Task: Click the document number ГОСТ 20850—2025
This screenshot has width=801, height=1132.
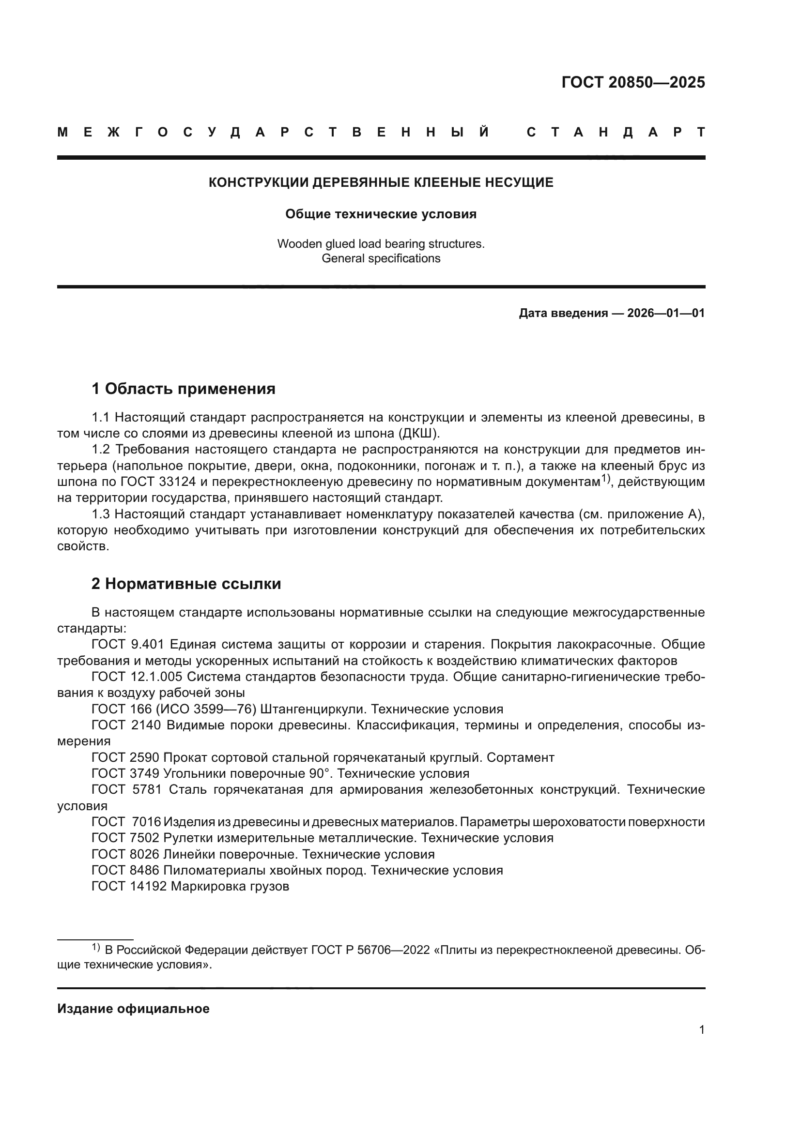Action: (633, 82)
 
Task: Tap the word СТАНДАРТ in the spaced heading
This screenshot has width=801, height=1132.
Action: (616, 132)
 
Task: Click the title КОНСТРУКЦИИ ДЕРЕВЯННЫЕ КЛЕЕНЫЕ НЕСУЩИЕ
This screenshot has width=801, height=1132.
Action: (381, 182)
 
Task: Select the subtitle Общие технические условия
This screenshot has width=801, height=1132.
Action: (381, 214)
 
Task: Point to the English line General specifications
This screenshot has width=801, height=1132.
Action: (381, 258)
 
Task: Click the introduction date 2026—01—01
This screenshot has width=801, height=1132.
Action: (665, 313)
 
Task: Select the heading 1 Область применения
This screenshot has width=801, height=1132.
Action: (183, 389)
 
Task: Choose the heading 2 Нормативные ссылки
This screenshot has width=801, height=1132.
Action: (186, 584)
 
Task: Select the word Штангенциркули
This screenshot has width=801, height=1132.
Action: (313, 709)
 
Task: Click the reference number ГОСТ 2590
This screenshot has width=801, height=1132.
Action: (125, 757)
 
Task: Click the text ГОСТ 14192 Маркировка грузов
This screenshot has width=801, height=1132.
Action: (190, 886)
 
